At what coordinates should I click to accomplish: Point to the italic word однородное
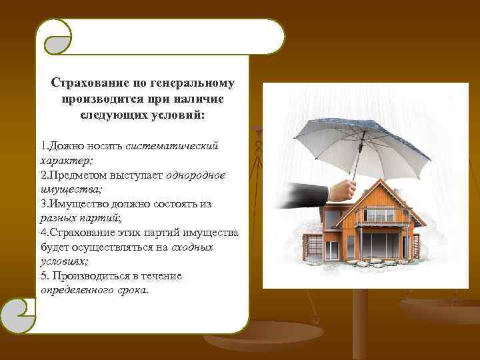199,175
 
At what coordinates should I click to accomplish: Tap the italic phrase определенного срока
94,291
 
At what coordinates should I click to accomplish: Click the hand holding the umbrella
343,189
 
